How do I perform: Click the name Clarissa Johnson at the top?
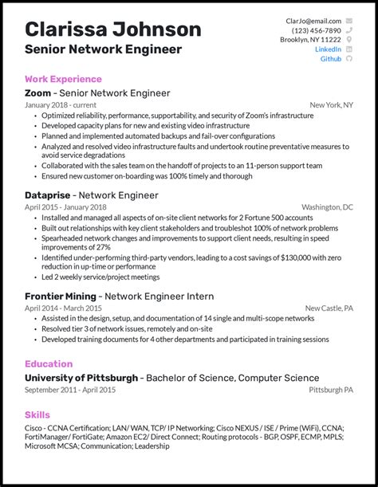[112, 29]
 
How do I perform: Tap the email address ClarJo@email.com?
[313, 21]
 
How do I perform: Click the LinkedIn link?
[328, 49]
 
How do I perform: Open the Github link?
[330, 59]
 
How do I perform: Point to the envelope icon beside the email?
[348, 21]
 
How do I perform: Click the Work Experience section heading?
[63, 79]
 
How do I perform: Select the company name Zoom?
[38, 93]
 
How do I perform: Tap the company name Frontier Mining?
[61, 296]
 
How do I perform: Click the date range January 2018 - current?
[61, 105]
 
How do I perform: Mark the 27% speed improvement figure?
[99, 246]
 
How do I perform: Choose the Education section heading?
[49, 363]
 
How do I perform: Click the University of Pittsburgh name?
[81, 378]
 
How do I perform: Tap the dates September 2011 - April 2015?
[70, 390]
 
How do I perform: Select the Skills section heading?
[37, 414]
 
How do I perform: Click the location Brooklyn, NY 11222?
[310, 40]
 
